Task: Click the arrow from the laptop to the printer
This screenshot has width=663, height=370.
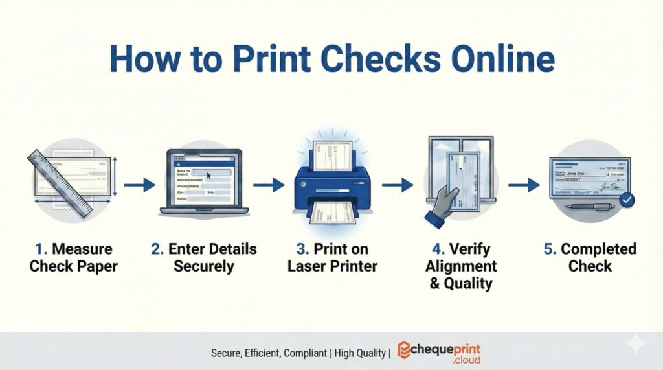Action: click(268, 185)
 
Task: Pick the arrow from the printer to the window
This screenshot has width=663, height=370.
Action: click(397, 185)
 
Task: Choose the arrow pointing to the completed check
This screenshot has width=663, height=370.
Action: click(523, 185)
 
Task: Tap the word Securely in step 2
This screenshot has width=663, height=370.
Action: click(202, 266)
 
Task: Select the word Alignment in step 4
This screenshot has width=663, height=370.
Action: click(462, 266)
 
